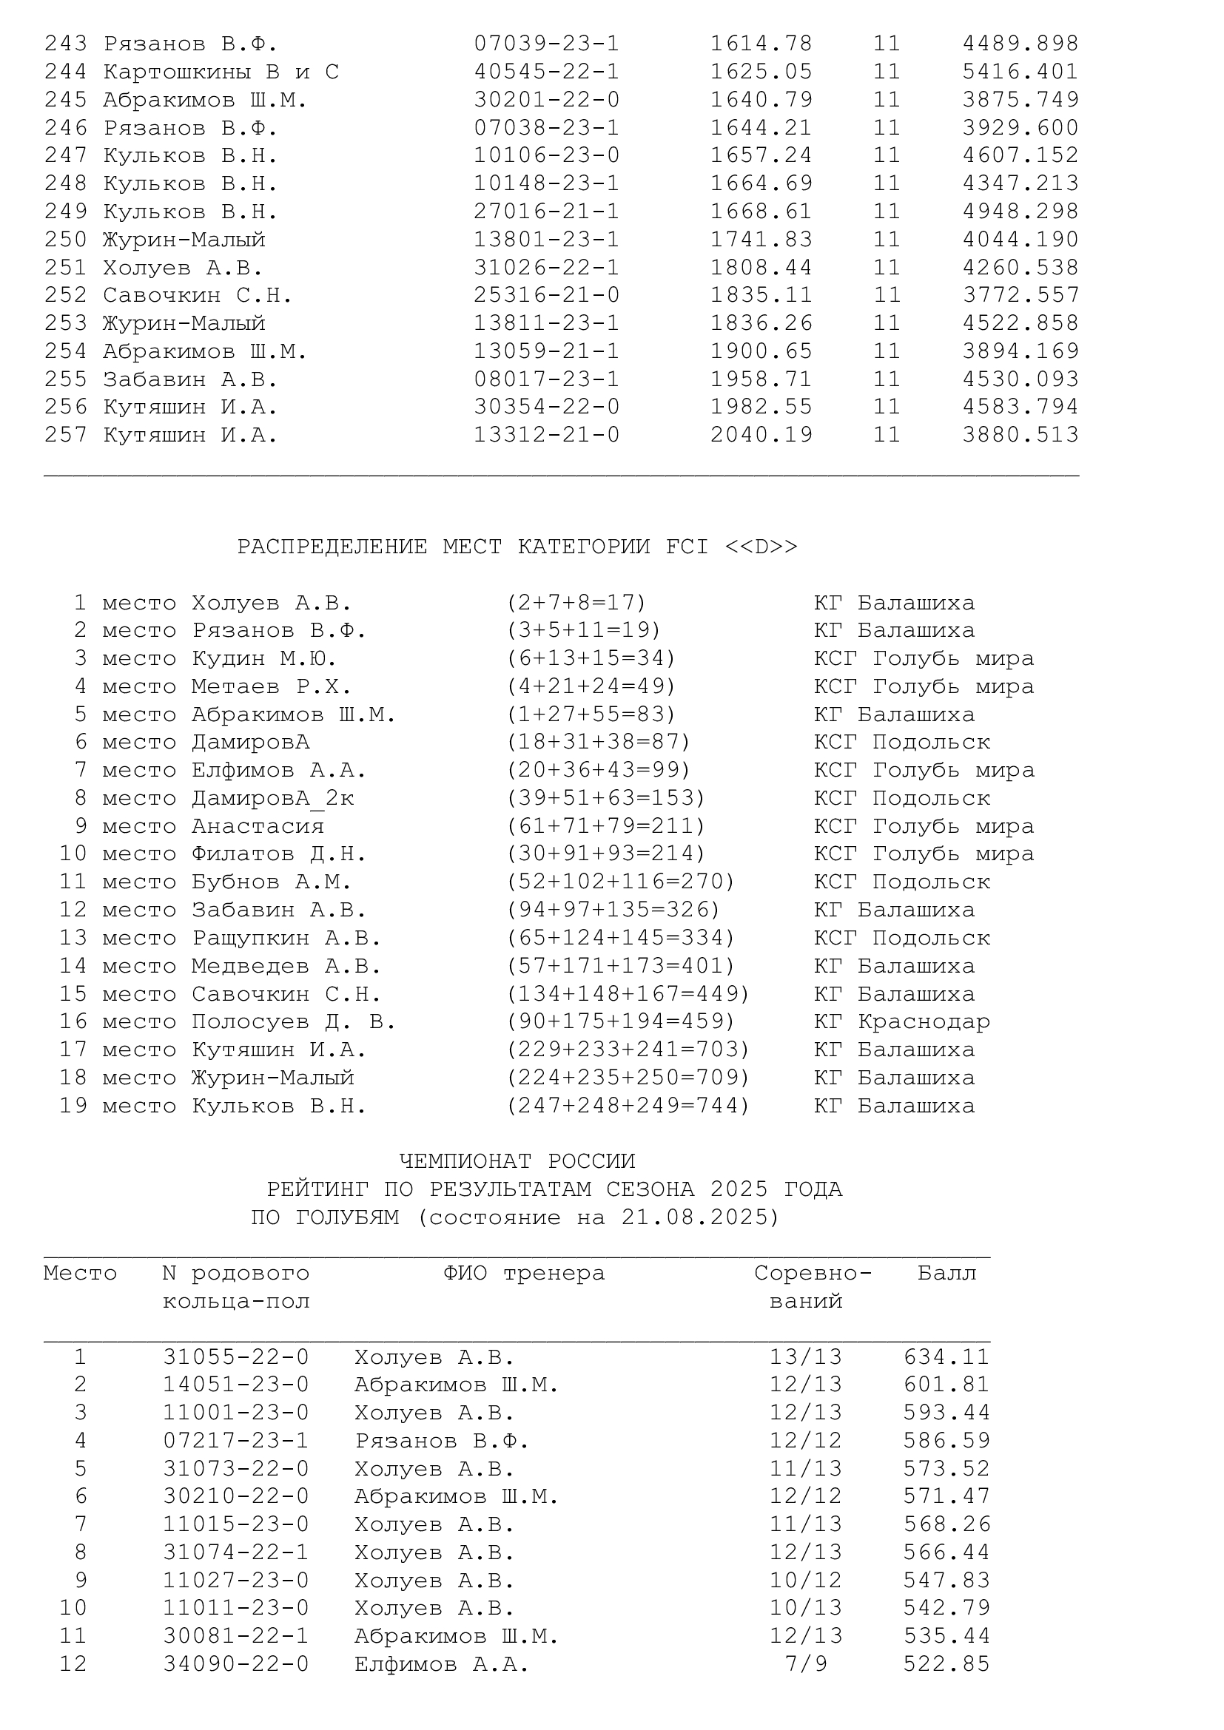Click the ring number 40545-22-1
click(x=546, y=72)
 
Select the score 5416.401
click(x=1020, y=72)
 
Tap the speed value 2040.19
click(x=761, y=435)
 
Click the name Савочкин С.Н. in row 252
click(x=198, y=295)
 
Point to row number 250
click(x=66, y=240)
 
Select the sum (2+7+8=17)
click(x=576, y=603)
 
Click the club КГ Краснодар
click(x=901, y=1021)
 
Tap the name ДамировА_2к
click(x=272, y=798)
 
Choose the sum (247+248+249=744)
click(x=628, y=1105)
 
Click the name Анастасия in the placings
click(x=257, y=826)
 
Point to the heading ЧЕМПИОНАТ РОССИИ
click(x=517, y=1161)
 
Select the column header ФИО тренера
click(x=524, y=1274)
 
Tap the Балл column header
click(x=946, y=1274)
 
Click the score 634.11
click(x=946, y=1357)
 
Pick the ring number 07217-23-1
click(x=236, y=1441)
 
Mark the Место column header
click(x=80, y=1274)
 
